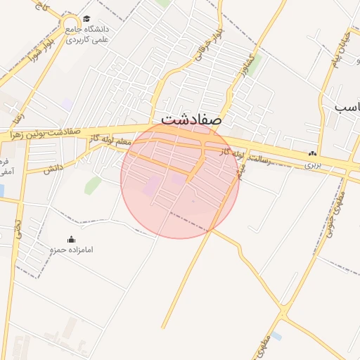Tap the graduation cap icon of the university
[86, 19]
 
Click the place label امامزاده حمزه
[71, 250]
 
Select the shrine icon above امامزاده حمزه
[70, 239]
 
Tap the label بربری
[312, 165]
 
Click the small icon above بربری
[312, 154]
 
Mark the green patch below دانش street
[92, 186]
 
